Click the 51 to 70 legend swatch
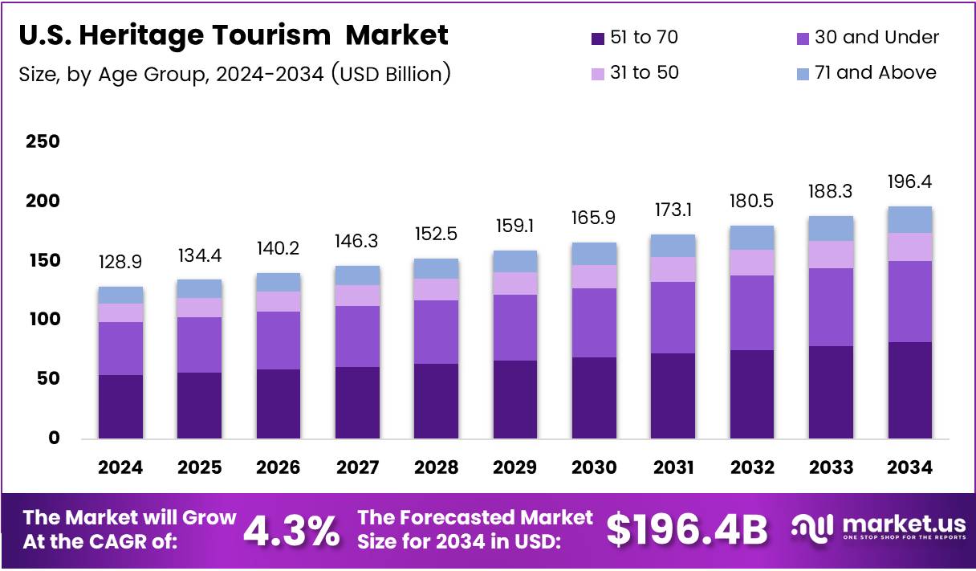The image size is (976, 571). [x=596, y=38]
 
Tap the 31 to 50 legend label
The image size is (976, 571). [x=644, y=73]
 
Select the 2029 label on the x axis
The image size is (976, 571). [x=515, y=468]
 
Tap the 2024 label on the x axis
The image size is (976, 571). [x=120, y=468]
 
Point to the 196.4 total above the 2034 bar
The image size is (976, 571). [x=910, y=182]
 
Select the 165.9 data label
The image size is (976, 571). [x=594, y=218]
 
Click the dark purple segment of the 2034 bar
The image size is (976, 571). [x=910, y=390]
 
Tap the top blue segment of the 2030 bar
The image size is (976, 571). [x=594, y=254]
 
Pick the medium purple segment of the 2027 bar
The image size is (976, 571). [x=357, y=336]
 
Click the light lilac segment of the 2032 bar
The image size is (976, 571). [x=752, y=263]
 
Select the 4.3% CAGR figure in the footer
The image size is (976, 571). [x=291, y=531]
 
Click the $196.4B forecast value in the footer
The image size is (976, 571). [x=686, y=530]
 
